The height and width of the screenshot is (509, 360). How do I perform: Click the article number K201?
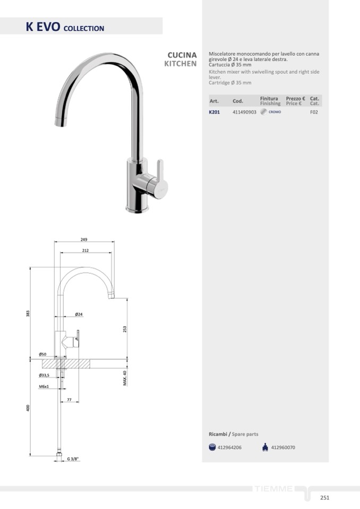point(214,113)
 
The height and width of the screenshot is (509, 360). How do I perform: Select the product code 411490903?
point(244,113)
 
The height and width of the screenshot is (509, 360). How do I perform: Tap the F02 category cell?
point(314,113)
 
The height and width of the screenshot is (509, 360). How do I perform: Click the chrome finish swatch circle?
point(263,112)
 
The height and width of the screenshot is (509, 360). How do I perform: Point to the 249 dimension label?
point(84,239)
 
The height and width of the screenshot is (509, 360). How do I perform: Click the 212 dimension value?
point(85,251)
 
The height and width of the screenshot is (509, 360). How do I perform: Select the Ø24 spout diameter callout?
point(79,314)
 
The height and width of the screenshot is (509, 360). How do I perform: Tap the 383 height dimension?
point(28,314)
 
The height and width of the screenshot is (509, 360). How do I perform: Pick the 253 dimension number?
point(125,329)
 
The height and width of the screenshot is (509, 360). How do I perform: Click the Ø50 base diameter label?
point(42,354)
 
